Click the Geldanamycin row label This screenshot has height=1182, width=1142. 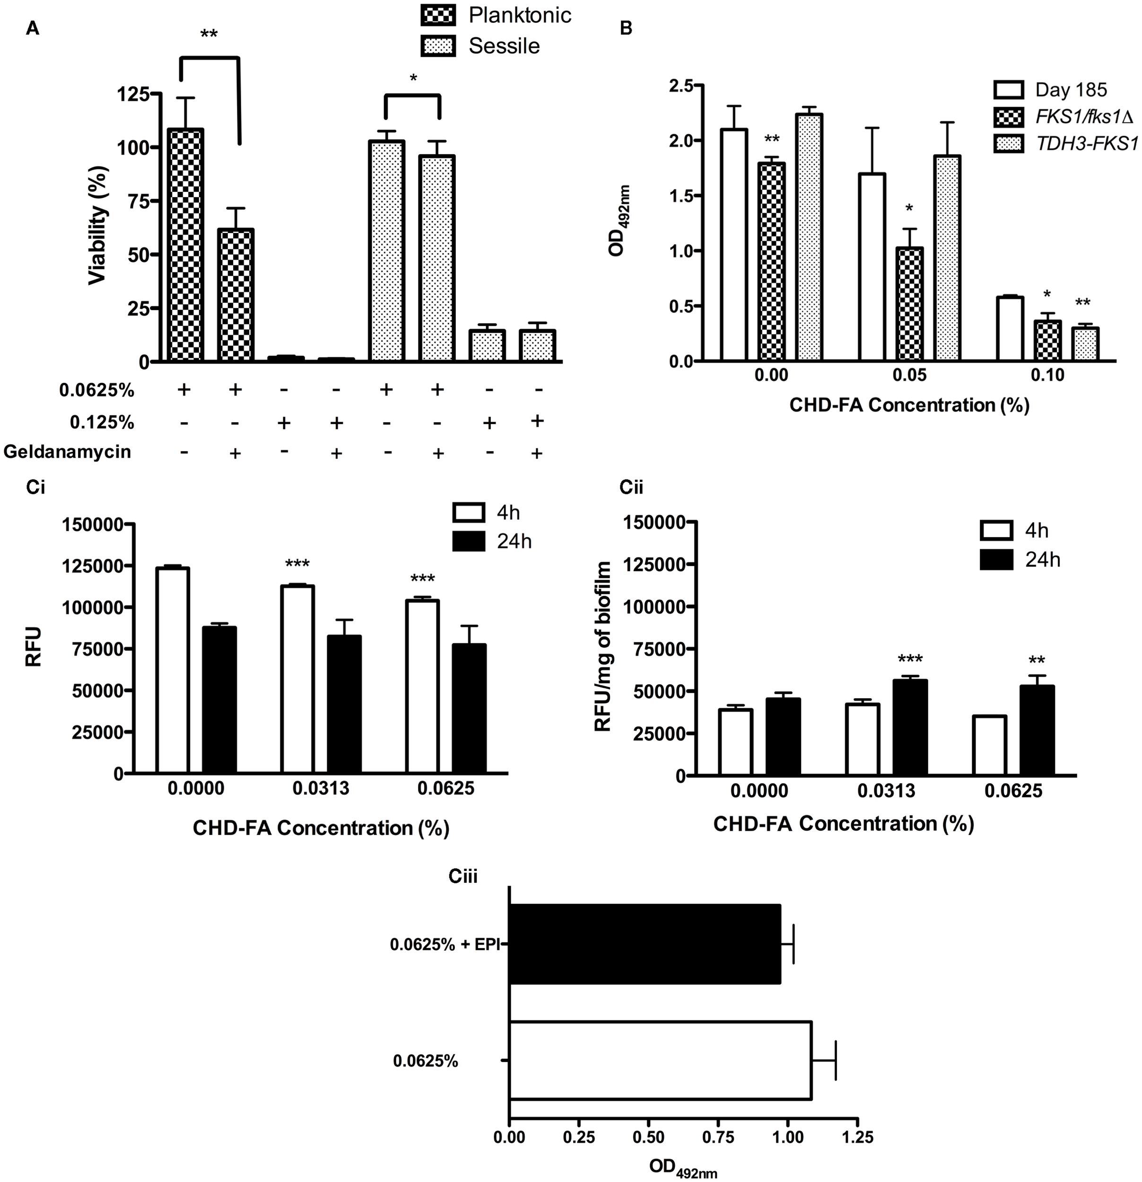pyautogui.click(x=67, y=451)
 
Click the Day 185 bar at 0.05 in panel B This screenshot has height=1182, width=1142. pyautogui.click(x=871, y=267)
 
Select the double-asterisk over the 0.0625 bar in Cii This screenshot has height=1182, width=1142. pyautogui.click(x=1037, y=661)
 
